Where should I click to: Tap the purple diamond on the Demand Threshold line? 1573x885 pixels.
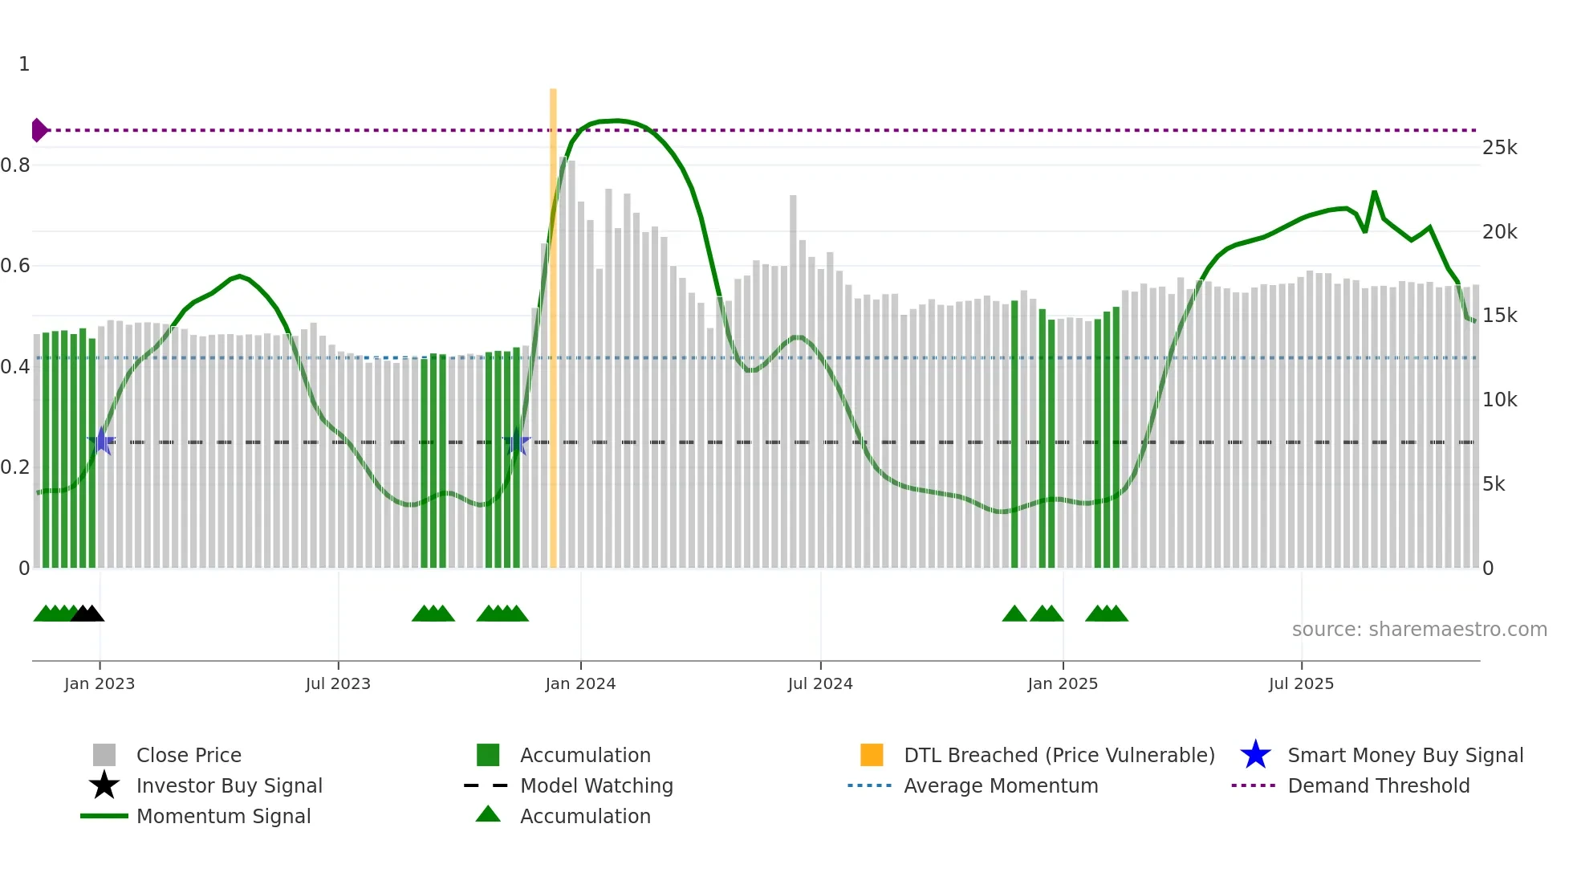click(39, 130)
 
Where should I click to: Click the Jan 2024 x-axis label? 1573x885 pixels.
click(580, 683)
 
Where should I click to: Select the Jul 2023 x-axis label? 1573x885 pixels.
click(338, 683)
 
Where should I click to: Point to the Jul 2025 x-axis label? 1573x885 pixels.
click(1301, 683)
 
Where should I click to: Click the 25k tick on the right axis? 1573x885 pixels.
click(1499, 148)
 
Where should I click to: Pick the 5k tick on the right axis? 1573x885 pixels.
click(1494, 483)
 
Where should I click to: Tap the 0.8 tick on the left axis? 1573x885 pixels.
click(15, 165)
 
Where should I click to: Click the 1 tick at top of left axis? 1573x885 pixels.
click(24, 64)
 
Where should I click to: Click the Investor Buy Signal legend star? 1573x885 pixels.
click(104, 785)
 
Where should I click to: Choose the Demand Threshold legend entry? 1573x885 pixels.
click(1378, 785)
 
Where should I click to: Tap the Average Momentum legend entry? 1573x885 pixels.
click(1000, 785)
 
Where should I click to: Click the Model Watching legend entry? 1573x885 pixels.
click(595, 785)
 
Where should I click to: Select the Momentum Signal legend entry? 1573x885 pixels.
click(223, 816)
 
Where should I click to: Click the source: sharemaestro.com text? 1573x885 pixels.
click(1419, 630)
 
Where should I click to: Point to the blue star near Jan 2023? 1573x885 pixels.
click(102, 441)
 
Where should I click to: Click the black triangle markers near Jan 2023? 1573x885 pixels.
click(87, 614)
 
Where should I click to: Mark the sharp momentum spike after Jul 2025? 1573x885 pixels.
click(1374, 192)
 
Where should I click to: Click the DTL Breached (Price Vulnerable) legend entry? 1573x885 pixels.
click(1059, 755)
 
